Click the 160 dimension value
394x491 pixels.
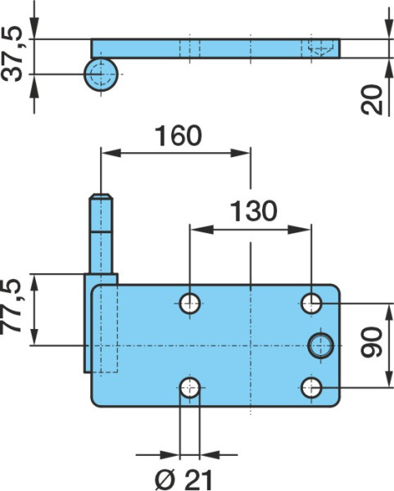pos(179,136)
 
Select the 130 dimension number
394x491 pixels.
pos(254,211)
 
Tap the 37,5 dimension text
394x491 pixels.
pos(12,54)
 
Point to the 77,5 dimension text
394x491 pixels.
pos(11,307)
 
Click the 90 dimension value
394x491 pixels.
pos(372,342)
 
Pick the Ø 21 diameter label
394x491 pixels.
pos(184,480)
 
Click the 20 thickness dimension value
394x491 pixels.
pos(372,100)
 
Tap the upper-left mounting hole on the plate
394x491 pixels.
pos(190,304)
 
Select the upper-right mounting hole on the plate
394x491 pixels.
pos(311,304)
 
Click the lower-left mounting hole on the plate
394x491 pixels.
pos(190,388)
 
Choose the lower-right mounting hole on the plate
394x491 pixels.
pos(311,388)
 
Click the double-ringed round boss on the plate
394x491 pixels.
pos(320,345)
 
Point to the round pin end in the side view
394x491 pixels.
pos(101,74)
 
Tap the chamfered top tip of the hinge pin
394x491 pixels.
pos(101,196)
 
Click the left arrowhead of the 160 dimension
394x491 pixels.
pos(111,153)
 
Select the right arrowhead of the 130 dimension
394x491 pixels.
pos(299,229)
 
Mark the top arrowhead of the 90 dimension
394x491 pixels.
pos(388,313)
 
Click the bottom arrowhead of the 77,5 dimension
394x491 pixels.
pos(34,336)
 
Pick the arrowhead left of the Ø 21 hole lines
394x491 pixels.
pos(170,454)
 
